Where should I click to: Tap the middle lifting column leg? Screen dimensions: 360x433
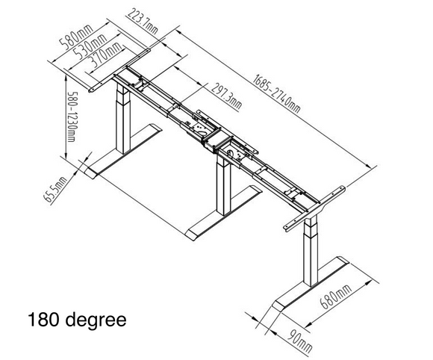click(x=222, y=183)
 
